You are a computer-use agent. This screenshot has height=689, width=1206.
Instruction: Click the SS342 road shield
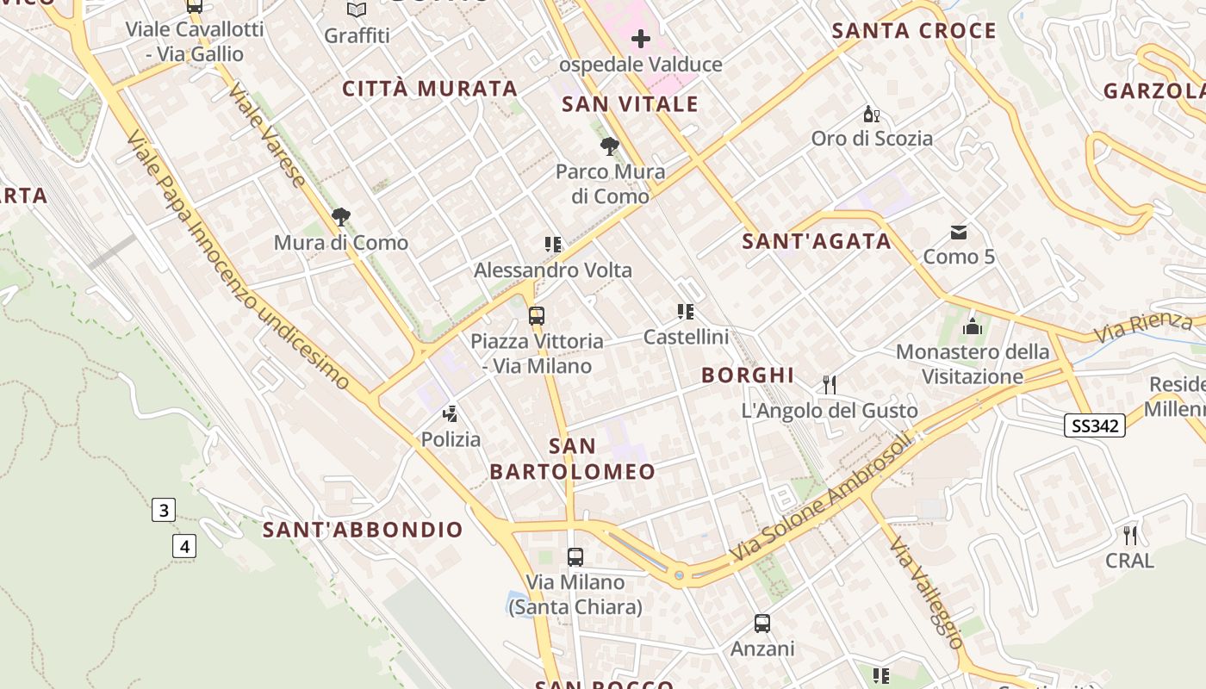1094,425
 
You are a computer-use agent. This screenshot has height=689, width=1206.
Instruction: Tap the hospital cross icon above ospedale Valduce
641,39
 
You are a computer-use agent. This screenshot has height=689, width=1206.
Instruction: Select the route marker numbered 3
163,510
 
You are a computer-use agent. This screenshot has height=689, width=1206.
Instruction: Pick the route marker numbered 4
183,545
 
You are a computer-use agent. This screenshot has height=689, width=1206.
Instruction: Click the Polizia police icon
450,414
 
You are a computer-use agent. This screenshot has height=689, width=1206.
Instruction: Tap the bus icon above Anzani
762,623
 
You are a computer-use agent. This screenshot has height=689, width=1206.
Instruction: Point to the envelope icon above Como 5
958,232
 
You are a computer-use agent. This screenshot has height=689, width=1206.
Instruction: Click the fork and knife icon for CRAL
1129,536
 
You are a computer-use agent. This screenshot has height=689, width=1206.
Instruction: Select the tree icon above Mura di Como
341,217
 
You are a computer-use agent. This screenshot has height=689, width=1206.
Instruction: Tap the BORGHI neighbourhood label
748,376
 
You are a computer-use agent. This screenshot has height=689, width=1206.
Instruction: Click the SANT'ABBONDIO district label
363,530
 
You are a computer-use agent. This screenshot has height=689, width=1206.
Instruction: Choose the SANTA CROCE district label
914,31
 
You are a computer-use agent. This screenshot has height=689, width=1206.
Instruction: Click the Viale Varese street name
268,135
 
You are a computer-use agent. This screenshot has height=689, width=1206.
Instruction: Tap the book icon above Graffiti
357,10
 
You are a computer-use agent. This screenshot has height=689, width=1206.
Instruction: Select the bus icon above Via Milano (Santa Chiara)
575,557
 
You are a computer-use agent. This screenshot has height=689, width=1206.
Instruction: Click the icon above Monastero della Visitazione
973,326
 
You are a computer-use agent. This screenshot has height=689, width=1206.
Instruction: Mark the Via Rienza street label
1143,327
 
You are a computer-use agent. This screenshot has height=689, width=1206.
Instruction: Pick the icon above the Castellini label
686,311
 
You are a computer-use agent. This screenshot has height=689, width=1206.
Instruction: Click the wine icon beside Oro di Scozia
872,115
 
